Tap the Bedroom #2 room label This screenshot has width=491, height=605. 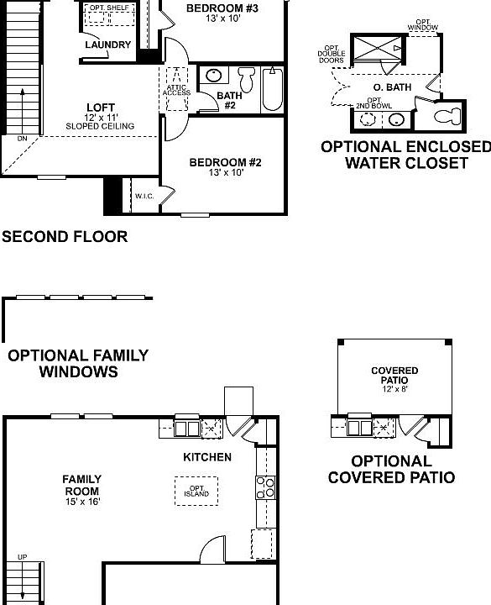point(225,167)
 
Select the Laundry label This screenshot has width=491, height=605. point(107,45)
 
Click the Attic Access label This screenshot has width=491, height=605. point(177,88)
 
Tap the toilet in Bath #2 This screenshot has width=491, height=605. point(246,81)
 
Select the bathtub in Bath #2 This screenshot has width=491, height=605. point(273,90)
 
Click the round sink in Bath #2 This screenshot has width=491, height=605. point(213,76)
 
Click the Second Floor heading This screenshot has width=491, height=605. point(65,237)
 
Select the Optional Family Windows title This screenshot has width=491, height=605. point(78,363)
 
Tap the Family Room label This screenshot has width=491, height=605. point(81,490)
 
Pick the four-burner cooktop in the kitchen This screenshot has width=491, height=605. point(266,487)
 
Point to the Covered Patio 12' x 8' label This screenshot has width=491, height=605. point(394,376)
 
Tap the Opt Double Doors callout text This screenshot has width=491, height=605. point(332,55)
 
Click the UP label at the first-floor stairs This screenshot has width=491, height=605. point(22,557)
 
